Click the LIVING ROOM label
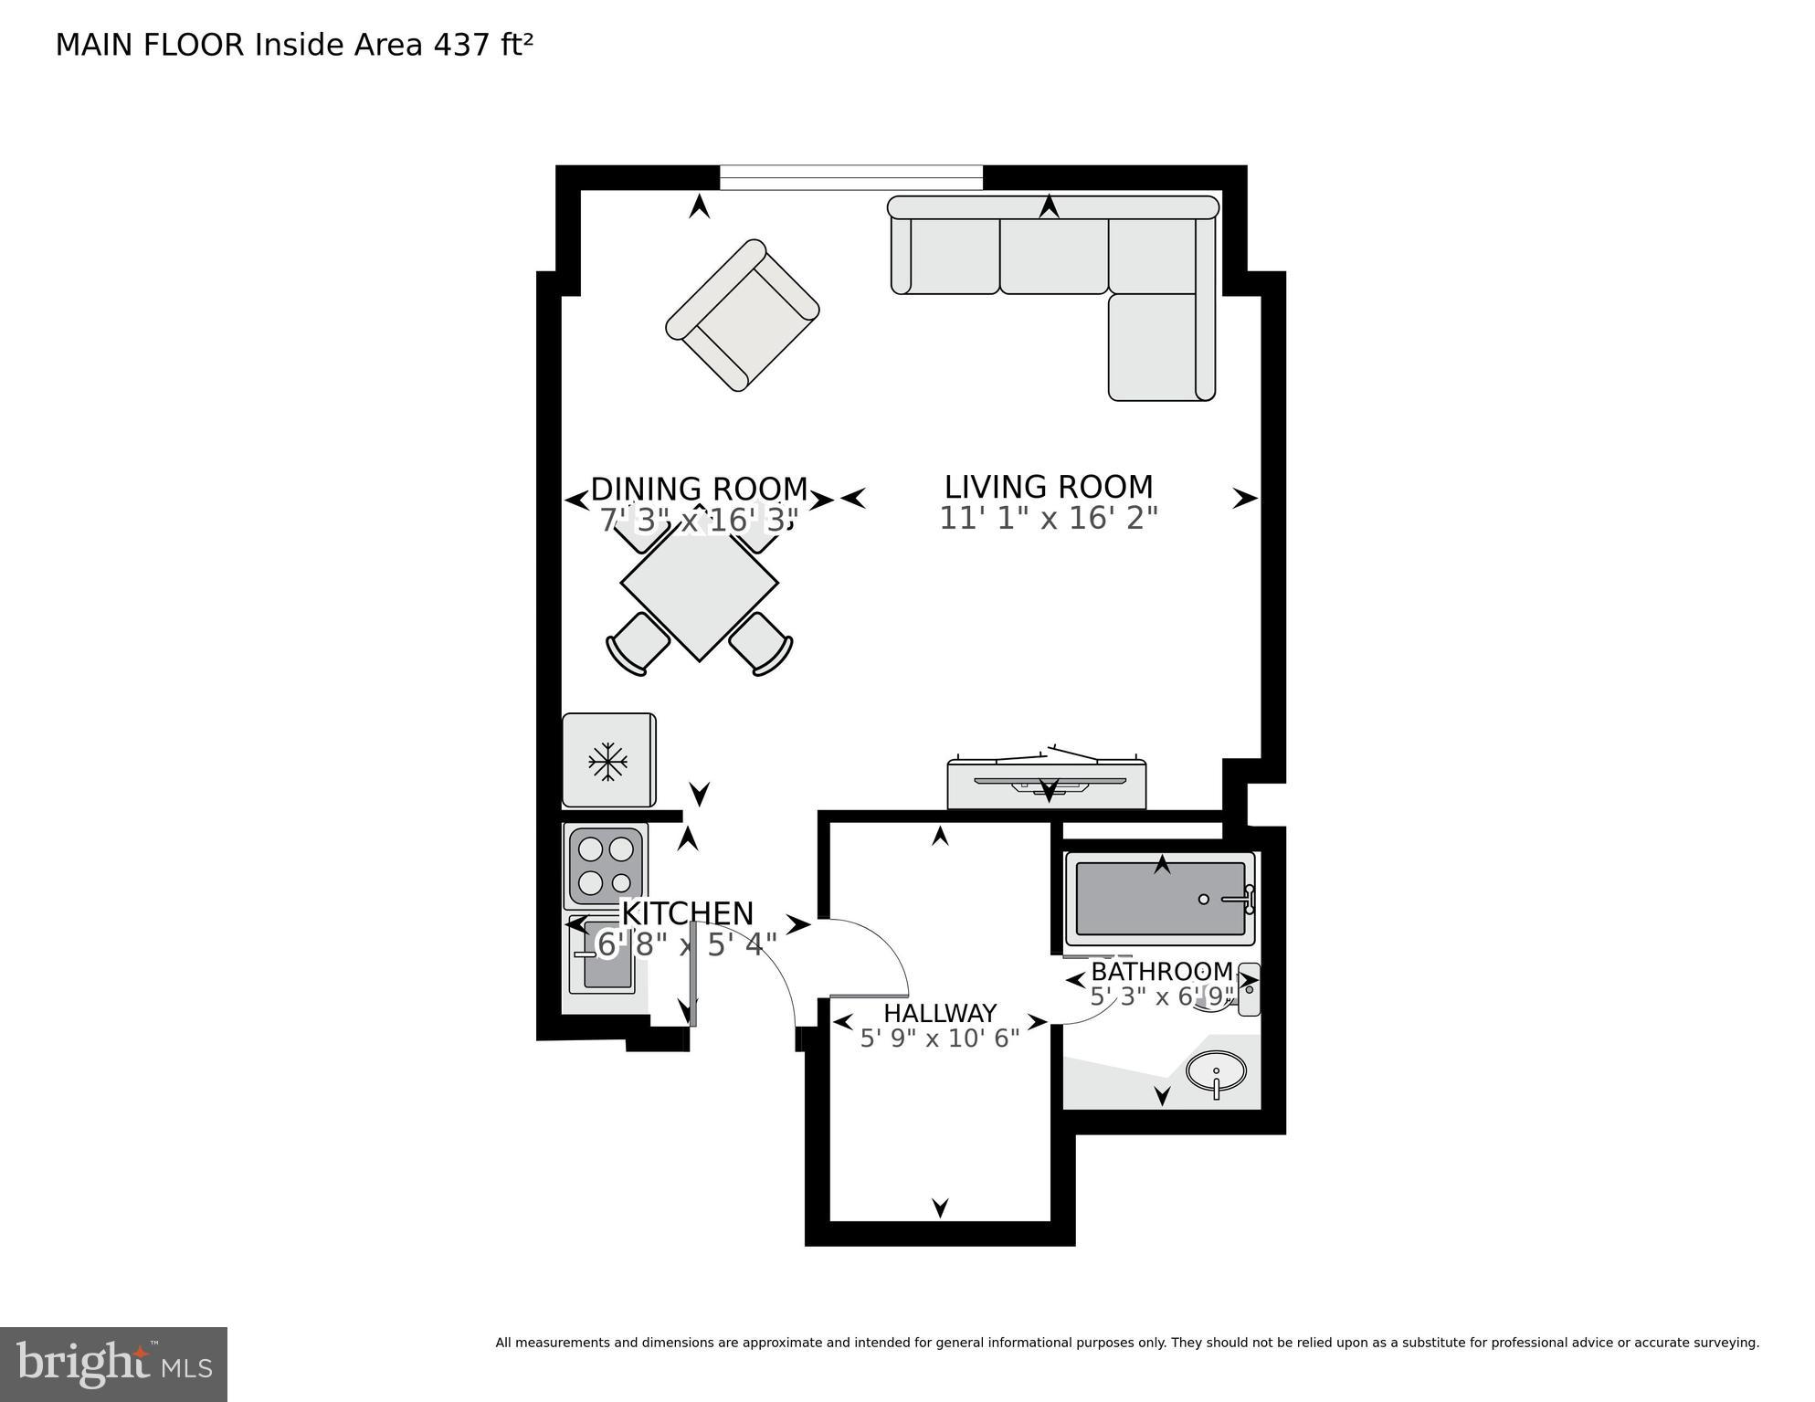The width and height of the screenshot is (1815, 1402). tap(1048, 486)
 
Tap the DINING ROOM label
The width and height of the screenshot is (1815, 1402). tap(699, 489)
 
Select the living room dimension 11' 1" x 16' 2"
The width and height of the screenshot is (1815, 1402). tap(1048, 519)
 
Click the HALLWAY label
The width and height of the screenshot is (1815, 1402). tap(939, 1013)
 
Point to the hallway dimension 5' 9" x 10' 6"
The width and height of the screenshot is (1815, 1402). tap(939, 1038)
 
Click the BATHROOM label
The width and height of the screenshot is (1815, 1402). tap(1161, 971)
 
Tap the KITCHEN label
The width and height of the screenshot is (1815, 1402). tap(687, 913)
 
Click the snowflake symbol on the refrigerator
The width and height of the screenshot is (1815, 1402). tap(607, 761)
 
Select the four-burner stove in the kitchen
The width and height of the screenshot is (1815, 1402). tap(606, 866)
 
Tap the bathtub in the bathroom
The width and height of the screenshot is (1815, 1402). tap(1160, 899)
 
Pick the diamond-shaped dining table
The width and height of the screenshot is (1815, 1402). tap(700, 583)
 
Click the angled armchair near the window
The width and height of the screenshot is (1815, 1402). tap(742, 315)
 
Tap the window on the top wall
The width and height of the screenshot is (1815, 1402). tap(850, 177)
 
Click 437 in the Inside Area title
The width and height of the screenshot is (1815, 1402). tap(461, 45)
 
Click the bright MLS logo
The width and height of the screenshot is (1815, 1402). tap(113, 1365)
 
